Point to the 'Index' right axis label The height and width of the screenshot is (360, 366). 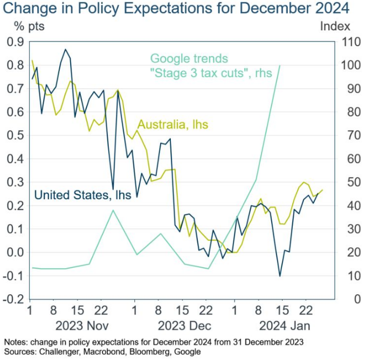(335, 26)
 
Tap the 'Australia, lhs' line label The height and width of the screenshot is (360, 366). (172, 125)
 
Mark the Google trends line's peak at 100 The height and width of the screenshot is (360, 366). (280, 65)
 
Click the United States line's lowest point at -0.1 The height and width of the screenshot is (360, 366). (280, 276)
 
